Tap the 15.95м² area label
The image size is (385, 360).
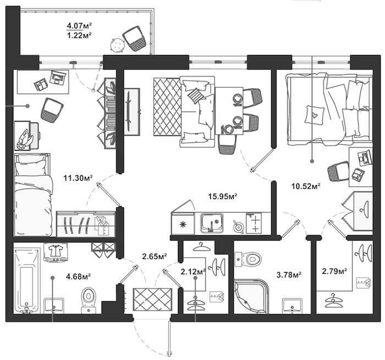223,196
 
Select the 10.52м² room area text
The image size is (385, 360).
306,186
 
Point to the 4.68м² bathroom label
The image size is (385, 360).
79,276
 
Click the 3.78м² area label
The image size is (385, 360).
289,275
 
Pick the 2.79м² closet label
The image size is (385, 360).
334,271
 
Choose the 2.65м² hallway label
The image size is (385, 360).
155,256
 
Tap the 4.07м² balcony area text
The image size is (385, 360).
79,25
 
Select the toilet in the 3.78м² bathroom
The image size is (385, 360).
248,259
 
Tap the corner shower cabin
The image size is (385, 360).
251,296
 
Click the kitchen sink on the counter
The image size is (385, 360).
212,223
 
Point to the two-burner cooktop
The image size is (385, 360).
254,223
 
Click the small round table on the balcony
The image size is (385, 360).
117,45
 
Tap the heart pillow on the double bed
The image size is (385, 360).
314,114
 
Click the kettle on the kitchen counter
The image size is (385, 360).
238,226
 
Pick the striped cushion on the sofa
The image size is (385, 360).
196,96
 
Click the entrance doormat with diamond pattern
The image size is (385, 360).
152,300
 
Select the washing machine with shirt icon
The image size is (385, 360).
56,252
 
